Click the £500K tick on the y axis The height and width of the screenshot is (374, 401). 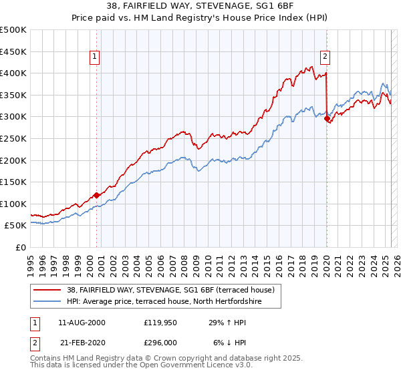(13, 30)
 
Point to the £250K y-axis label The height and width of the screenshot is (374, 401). (13, 138)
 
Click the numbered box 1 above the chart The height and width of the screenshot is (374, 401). (96, 57)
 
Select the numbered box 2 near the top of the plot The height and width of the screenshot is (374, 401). (325, 57)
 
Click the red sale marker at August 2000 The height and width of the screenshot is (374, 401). (96, 195)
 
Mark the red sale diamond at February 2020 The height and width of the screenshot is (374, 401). (327, 119)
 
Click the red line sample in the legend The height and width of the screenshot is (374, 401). (47, 290)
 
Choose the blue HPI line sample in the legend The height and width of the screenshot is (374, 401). (47, 302)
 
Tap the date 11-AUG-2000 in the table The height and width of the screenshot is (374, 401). (82, 323)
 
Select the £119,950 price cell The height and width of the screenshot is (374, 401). (160, 323)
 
